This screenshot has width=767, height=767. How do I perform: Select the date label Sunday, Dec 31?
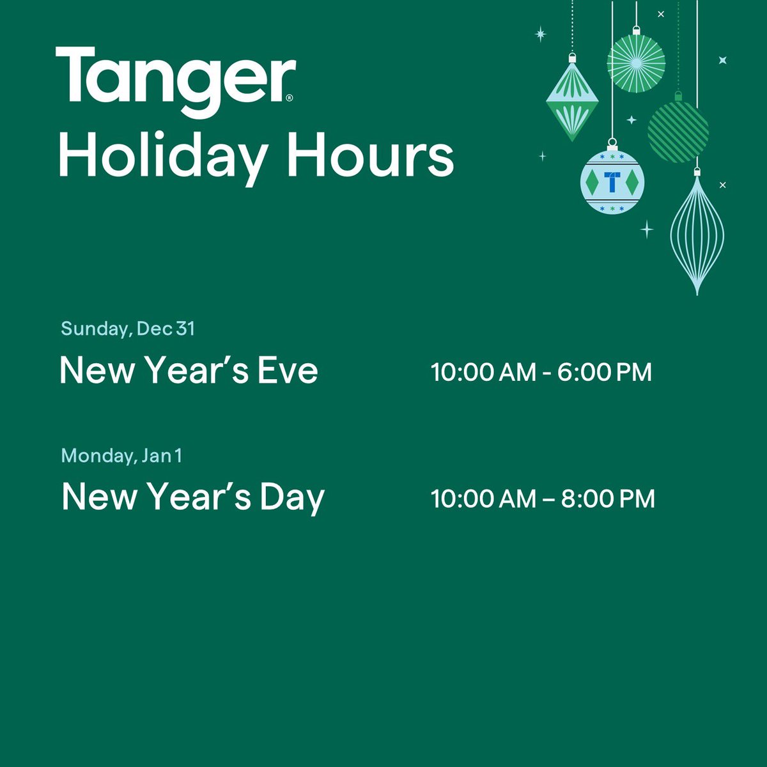128,329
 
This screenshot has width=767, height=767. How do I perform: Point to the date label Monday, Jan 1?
121,456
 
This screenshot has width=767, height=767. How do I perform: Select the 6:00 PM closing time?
604,372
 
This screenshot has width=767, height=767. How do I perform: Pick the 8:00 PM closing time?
608,499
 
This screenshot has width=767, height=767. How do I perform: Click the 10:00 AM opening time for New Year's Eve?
483,372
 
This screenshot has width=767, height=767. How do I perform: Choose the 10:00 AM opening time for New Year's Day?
483,499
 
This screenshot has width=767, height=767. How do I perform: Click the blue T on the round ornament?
612,182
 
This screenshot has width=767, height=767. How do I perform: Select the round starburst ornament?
636,62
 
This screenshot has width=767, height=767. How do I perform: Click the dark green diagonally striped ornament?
678,131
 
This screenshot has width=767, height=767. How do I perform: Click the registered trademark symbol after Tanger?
290,98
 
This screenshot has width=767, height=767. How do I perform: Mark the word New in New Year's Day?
98,497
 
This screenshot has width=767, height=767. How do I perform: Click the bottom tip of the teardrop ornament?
697,293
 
